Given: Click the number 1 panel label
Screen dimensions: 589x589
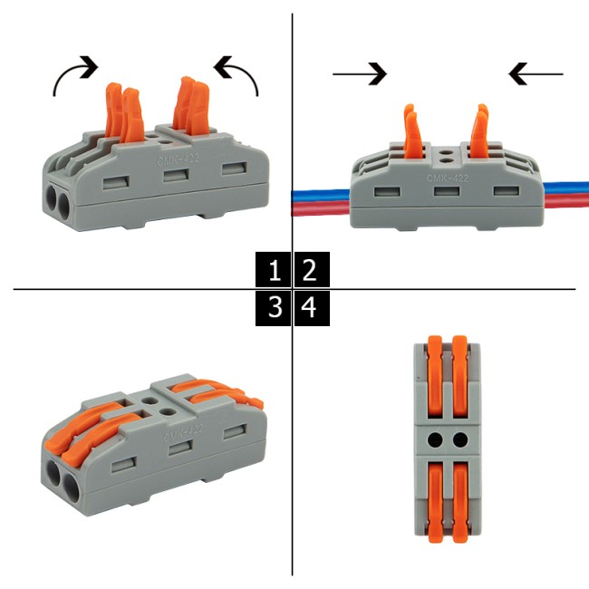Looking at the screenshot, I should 275,270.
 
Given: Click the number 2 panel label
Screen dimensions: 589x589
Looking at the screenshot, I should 310,270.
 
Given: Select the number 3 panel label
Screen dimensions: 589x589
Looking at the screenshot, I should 275,308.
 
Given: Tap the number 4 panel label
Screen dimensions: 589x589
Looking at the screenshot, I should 310,308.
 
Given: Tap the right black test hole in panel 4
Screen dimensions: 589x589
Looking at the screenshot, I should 460,441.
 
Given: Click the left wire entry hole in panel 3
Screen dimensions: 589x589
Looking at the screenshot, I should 53,479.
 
